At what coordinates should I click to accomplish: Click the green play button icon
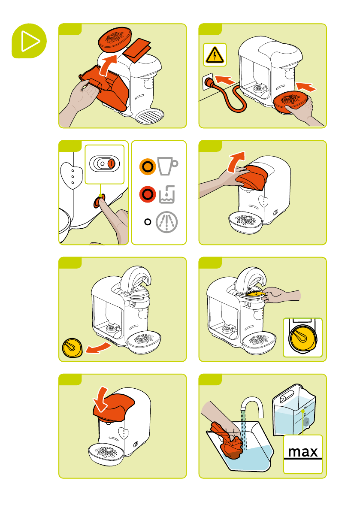[29, 41]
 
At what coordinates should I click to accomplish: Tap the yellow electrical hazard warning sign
[215, 55]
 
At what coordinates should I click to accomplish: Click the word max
[303, 452]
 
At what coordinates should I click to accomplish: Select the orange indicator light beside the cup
[148, 166]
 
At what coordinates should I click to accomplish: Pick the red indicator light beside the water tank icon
[148, 194]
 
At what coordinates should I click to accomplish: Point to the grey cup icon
[167, 166]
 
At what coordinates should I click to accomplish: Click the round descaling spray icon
[167, 222]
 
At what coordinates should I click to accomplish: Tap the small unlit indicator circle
[148, 222]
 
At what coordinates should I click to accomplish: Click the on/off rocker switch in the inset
[104, 163]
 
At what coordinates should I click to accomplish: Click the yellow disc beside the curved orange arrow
[73, 348]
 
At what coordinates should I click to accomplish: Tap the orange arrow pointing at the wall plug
[225, 79]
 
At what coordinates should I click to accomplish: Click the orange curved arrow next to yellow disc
[98, 348]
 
